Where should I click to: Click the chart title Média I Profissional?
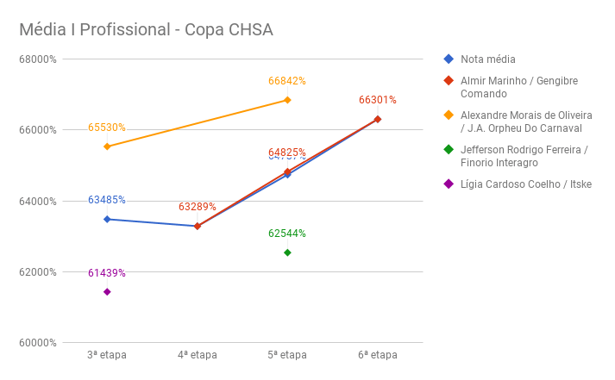click(x=146, y=30)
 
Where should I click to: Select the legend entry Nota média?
click(x=487, y=59)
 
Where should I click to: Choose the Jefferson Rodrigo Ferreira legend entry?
click(x=524, y=156)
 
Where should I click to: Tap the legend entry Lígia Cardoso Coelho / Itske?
click(x=525, y=184)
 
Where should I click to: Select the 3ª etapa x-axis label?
click(x=107, y=355)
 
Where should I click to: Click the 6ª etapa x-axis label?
click(x=377, y=355)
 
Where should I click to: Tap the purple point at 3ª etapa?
click(x=107, y=292)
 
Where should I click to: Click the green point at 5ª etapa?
click(x=287, y=252)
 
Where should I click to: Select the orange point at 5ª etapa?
click(x=287, y=100)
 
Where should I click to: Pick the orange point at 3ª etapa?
click(x=107, y=146)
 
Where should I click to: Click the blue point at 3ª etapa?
click(x=107, y=219)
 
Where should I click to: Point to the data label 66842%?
click(x=287, y=81)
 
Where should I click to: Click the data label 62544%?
click(x=287, y=234)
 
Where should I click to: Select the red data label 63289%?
click(x=197, y=207)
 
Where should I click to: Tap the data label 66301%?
click(x=377, y=100)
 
